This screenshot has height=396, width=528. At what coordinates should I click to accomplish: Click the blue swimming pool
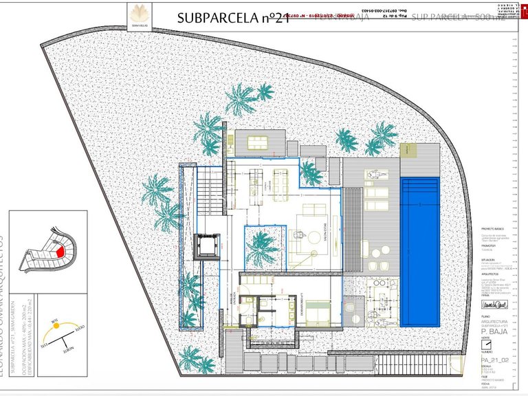click(x=421, y=251)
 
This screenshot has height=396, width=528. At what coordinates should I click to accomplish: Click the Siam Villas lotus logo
click(x=137, y=14)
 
